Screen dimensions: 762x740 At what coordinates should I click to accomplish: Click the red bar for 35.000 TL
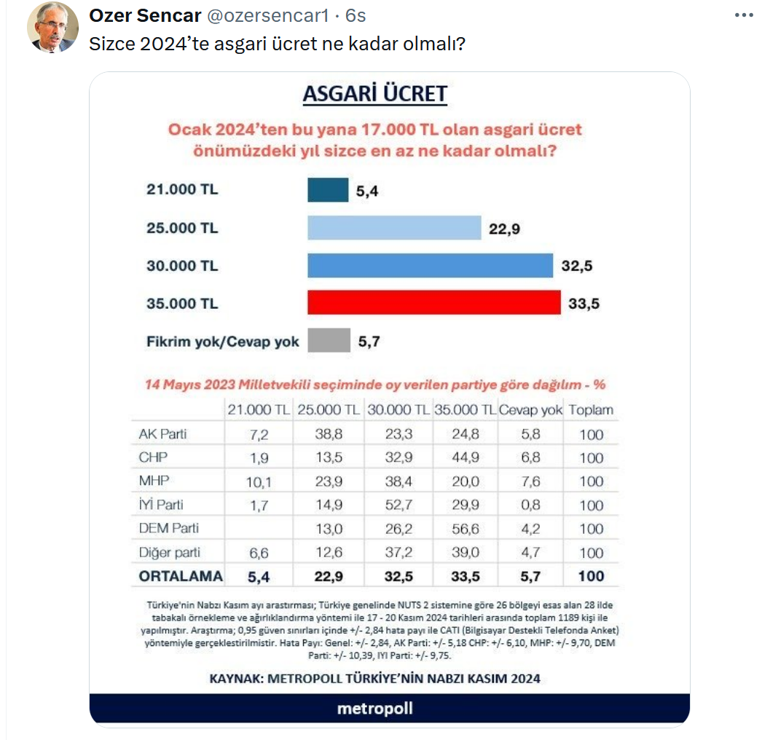pos(434,303)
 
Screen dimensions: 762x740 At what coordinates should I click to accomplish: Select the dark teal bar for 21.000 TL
pos(328,190)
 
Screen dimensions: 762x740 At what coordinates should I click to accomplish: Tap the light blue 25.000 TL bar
pos(394,228)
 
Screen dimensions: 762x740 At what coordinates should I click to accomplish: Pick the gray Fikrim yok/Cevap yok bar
pos(329,340)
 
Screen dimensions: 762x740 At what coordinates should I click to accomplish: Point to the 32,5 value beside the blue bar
pos(577,266)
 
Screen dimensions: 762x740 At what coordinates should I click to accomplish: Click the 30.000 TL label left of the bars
pos(182,266)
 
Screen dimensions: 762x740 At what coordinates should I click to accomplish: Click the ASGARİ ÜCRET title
pos(375,94)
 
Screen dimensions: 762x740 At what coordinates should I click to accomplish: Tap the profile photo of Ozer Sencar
pos(52,27)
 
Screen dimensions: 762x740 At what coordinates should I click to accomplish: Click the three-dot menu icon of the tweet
pos(744,15)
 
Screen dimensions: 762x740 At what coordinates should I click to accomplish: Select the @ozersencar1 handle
pos(268,16)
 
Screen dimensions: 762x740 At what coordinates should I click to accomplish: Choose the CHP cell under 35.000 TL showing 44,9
pos(465,457)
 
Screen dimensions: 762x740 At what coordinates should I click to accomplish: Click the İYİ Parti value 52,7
pos(398,505)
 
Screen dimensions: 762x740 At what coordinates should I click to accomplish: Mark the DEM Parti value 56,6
pos(465,529)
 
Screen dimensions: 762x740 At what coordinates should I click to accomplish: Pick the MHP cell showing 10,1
pos(259,482)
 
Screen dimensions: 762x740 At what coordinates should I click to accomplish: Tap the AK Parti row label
pos(162,434)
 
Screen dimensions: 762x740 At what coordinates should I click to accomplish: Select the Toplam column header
pos(591,410)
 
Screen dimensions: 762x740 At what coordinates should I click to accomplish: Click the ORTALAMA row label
pos(181,576)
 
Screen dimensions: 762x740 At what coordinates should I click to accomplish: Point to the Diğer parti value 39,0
pos(465,552)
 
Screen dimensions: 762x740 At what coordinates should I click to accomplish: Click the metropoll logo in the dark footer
pos(375,709)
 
